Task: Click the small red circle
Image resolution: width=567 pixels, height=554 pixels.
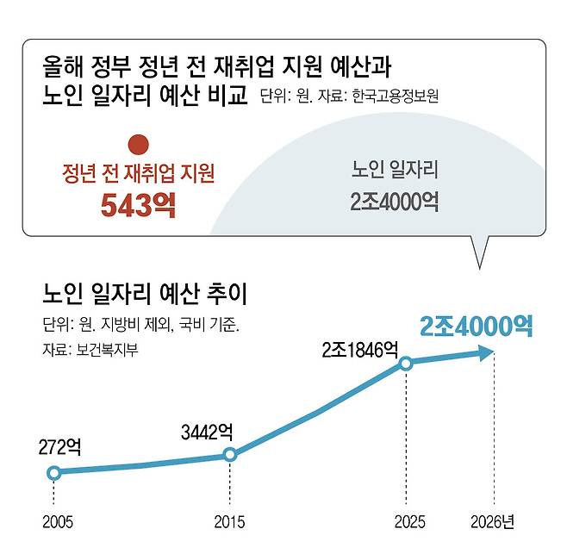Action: point(138,144)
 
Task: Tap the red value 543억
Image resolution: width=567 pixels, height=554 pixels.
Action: point(138,205)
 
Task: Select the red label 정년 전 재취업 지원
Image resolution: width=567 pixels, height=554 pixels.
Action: point(138,173)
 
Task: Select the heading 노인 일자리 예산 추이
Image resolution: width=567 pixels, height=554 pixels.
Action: point(145,295)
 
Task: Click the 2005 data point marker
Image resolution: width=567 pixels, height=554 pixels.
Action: point(53,472)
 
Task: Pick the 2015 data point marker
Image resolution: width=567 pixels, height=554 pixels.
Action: point(229,455)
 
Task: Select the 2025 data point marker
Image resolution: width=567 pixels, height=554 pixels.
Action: point(407,364)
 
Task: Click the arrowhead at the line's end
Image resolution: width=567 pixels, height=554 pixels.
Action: point(488,352)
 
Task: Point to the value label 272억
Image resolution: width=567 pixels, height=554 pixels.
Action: point(59,447)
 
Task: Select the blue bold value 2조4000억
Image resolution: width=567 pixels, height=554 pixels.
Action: point(476,325)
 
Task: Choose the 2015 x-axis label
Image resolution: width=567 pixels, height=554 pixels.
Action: point(229,522)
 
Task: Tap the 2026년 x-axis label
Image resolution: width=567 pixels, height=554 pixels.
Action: point(494,521)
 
